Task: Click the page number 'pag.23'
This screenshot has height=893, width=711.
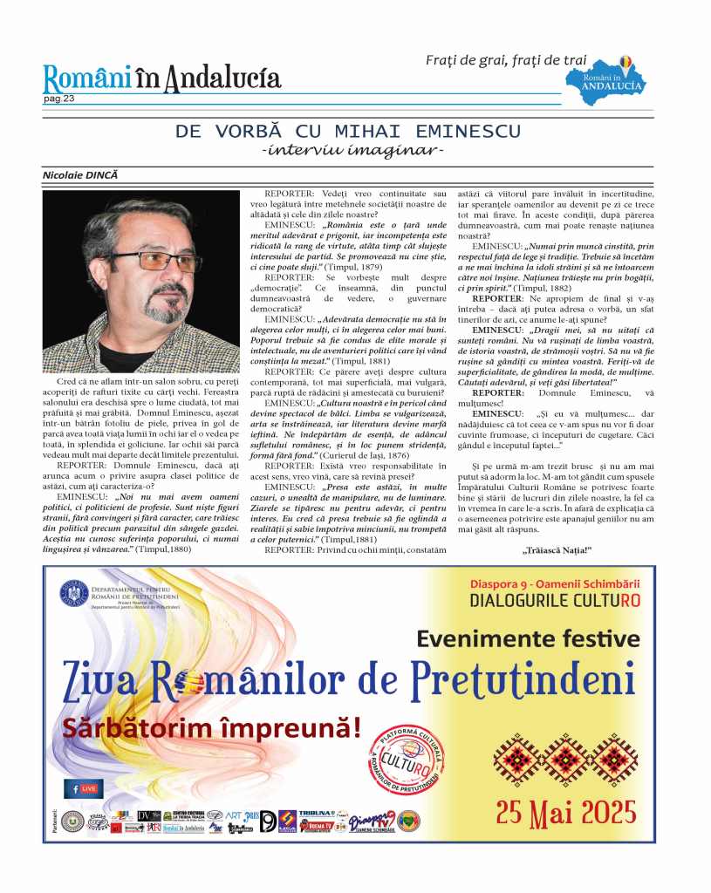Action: [59, 99]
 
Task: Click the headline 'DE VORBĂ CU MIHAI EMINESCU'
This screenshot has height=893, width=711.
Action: [348, 132]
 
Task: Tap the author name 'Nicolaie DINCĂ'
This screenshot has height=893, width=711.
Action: [79, 175]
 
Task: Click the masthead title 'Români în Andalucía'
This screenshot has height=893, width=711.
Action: [162, 79]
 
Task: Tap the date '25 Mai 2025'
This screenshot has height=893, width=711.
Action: [565, 812]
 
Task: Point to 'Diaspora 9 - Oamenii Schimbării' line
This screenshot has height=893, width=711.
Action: [555, 580]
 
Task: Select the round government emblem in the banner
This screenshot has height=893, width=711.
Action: [74, 594]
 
